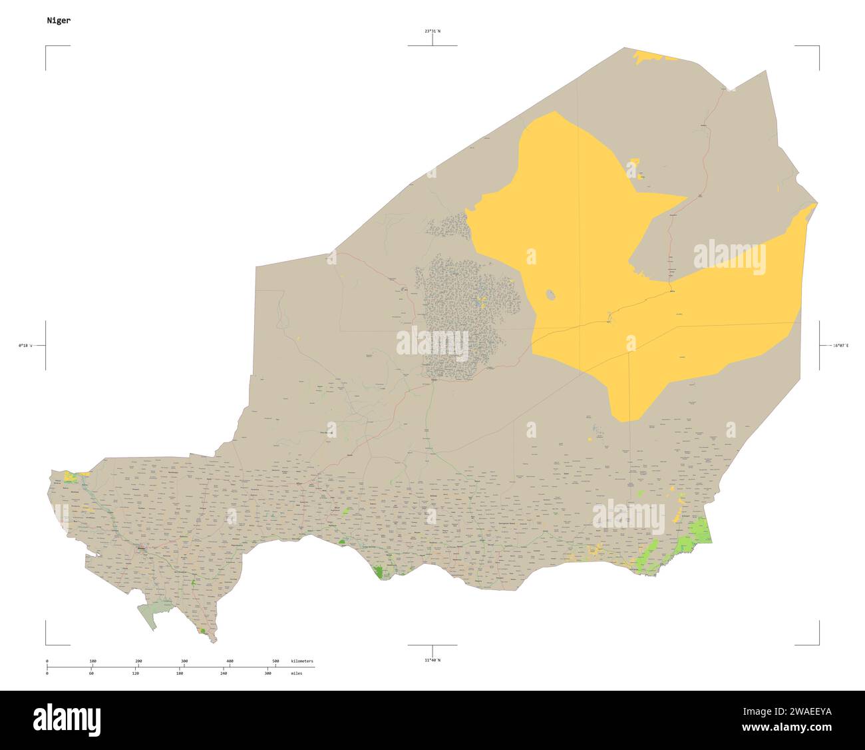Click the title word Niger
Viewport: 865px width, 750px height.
[59, 20]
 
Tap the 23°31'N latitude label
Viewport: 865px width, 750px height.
[432, 31]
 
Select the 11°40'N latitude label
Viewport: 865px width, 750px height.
[432, 659]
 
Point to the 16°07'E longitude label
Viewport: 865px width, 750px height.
[841, 346]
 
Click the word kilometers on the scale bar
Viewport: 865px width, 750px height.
[302, 661]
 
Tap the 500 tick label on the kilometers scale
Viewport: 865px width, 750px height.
[275, 661]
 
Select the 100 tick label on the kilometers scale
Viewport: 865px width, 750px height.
[92, 661]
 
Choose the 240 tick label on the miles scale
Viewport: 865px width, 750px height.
[224, 673]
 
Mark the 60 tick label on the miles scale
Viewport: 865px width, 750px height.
[91, 673]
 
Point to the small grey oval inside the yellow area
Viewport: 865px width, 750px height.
[551, 294]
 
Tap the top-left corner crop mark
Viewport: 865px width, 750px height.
[47, 47]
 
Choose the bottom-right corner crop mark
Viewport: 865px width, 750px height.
[818, 644]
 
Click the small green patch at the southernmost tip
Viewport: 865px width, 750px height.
[202, 630]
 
